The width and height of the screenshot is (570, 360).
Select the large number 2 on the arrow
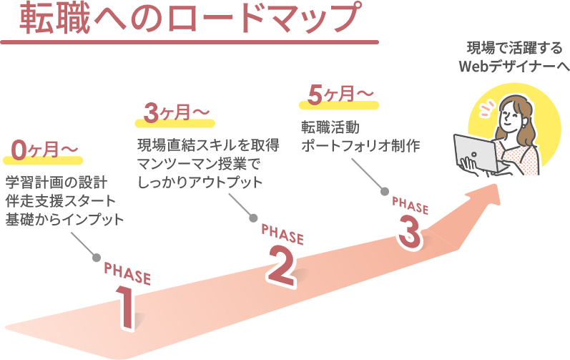pos(280,264)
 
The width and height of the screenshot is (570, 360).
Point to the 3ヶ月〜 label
pos(176,112)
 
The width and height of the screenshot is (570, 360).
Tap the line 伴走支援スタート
pos(60,199)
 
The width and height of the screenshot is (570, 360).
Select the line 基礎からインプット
pos(64,218)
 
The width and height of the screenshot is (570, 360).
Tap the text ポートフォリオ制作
pos(360,145)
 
